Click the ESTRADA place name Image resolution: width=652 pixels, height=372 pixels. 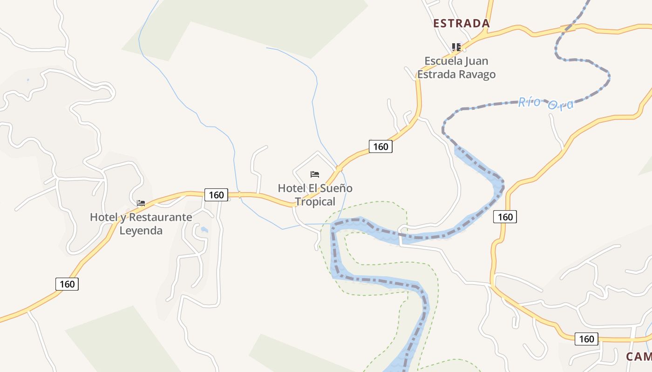tap(461, 23)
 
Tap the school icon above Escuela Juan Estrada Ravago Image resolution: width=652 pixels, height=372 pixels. tap(456, 47)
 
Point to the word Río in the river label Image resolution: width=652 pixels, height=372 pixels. tap(529, 101)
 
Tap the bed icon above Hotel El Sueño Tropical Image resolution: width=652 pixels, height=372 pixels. tap(315, 174)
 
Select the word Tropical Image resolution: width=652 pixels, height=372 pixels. tap(315, 202)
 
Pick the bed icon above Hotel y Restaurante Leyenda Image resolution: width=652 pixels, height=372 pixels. tap(141, 203)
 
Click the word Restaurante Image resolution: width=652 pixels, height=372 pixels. tap(160, 217)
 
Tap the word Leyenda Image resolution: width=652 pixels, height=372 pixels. tap(141, 231)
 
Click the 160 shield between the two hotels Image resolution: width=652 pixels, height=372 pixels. tap(216, 195)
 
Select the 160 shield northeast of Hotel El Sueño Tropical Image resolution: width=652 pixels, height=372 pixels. tap(380, 146)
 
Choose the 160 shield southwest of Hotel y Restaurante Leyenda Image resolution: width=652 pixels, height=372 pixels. tap(67, 284)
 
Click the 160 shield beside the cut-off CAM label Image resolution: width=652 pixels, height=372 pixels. tap(586, 339)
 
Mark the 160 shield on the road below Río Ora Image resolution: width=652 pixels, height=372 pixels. tap(505, 216)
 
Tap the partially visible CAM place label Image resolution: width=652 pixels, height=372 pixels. tap(638, 357)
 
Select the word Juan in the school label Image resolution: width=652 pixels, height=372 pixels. tap(477, 61)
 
